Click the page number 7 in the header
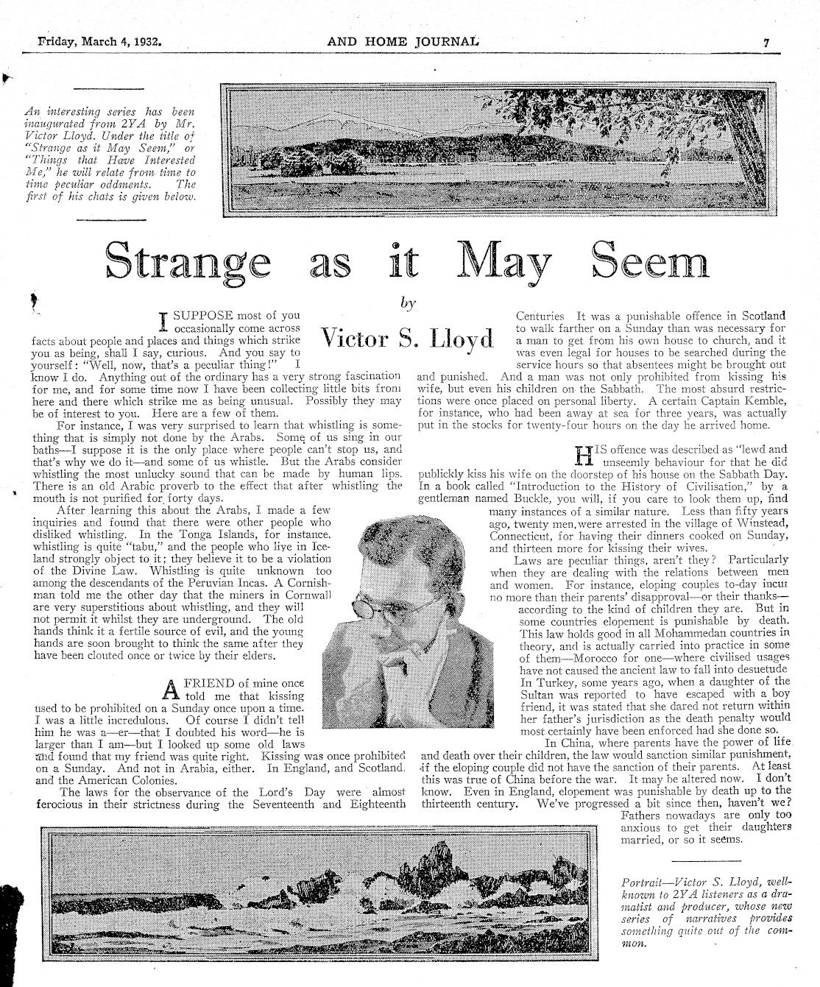coord(766,43)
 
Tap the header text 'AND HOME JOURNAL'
coord(403,42)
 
